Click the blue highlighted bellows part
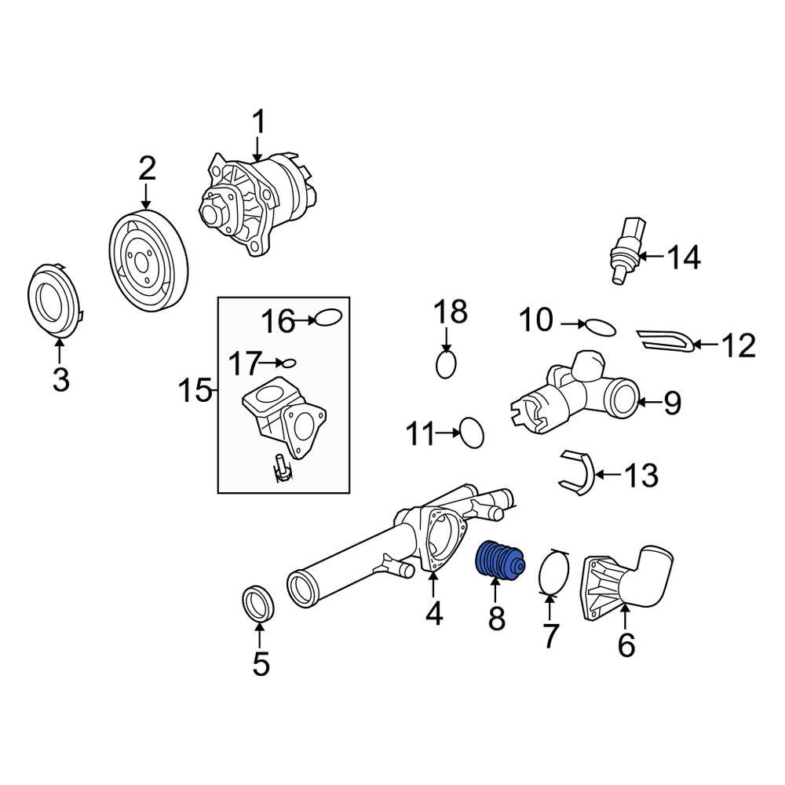[499, 561]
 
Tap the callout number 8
[497, 617]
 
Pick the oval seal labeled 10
[599, 326]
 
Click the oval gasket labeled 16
[327, 319]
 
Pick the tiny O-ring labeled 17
[289, 363]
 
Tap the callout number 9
[672, 403]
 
